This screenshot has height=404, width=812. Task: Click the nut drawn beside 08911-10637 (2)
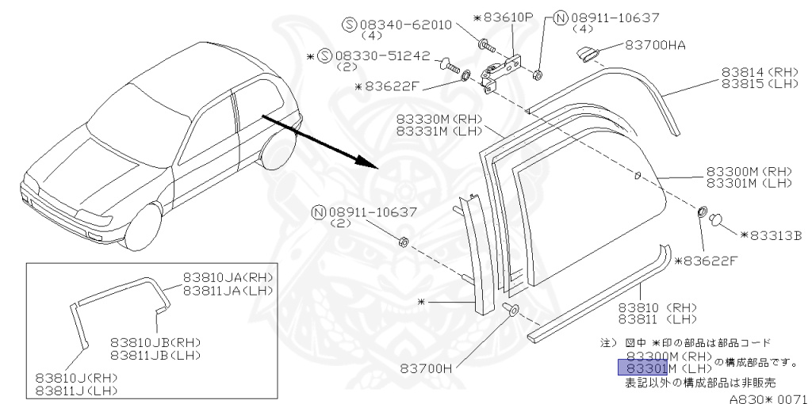(x=402, y=242)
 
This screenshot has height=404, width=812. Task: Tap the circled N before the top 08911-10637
(x=561, y=17)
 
